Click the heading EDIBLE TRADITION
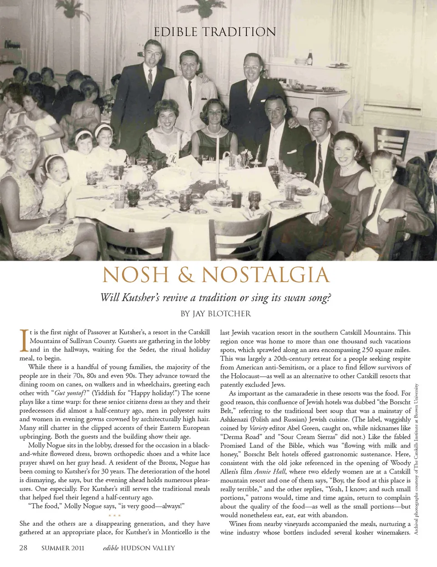click(x=215, y=32)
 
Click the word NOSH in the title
click(x=136, y=275)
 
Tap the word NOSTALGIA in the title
click(x=265, y=275)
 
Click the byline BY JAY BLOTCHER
click(x=216, y=314)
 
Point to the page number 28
click(x=23, y=547)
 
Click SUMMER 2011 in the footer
click(x=63, y=548)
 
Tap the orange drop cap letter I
click(x=24, y=341)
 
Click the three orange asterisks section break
click(x=115, y=516)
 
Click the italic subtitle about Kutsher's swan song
click(x=216, y=298)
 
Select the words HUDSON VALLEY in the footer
click(x=148, y=548)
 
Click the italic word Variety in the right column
click(x=258, y=428)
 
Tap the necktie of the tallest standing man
click(x=150, y=80)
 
